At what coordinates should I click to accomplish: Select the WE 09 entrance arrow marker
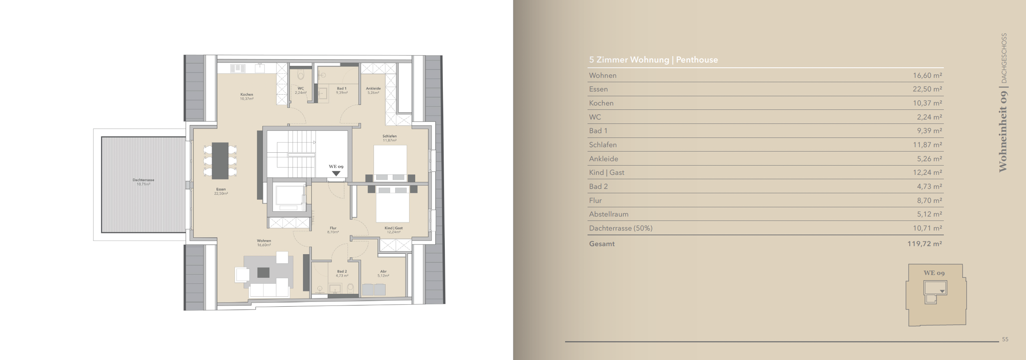click(336, 174)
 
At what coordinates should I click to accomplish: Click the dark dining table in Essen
click(220, 161)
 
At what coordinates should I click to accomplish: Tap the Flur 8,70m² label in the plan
click(333, 230)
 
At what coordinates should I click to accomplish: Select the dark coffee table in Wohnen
click(263, 273)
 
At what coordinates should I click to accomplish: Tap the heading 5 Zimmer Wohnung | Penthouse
click(653, 60)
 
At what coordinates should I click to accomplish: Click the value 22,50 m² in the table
click(927, 89)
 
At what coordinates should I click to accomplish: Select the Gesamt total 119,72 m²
click(925, 244)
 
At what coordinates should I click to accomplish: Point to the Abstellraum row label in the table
click(609, 214)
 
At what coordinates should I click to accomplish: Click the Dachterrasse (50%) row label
click(621, 228)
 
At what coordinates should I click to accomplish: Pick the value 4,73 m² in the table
click(930, 186)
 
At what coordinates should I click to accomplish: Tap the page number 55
click(1005, 339)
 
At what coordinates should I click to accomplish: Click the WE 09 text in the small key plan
click(934, 273)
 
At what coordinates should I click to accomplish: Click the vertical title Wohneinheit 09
click(1003, 131)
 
